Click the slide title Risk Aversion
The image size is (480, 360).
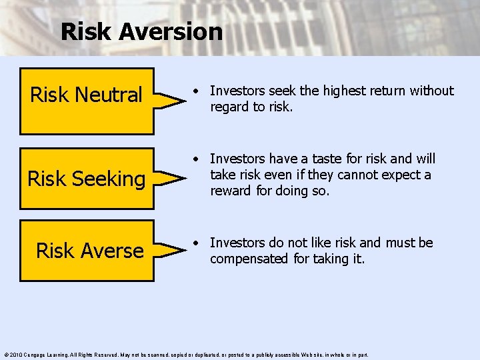point(141,31)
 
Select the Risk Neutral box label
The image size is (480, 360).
point(86,95)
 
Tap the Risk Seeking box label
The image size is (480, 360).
point(86,179)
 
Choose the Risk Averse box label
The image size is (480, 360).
point(89,251)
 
